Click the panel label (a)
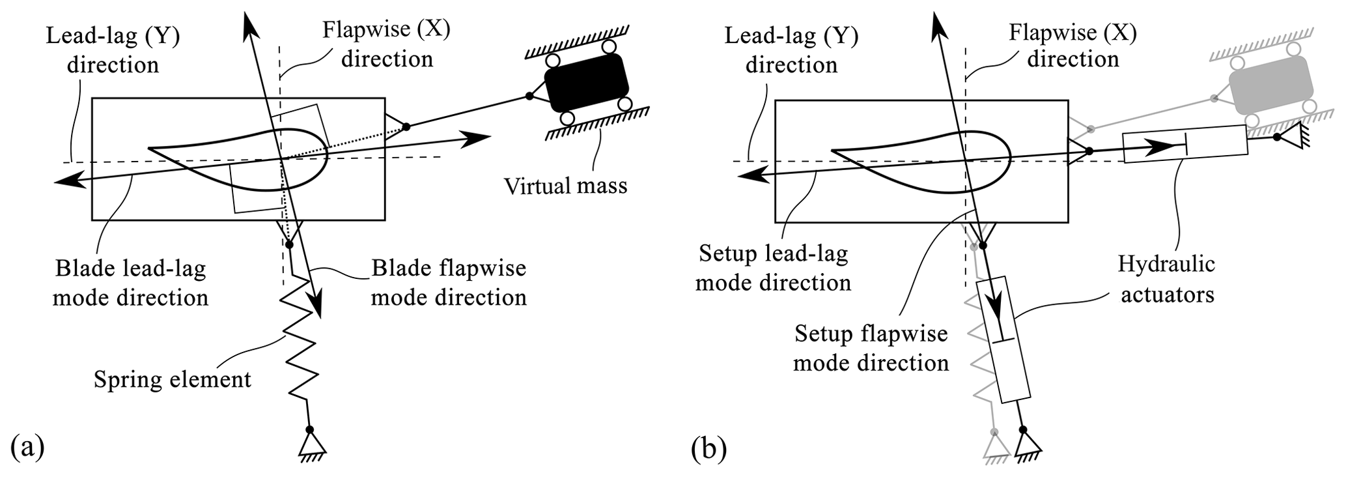28,449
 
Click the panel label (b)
709,449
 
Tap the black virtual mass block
586,83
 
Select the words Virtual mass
565,186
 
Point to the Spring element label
173,379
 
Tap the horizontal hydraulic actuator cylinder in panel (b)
1185,144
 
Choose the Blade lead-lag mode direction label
130,283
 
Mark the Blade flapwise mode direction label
449,283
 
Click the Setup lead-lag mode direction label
774,268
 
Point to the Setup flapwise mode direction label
871,348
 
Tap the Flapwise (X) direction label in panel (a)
387,44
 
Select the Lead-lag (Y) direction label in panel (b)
791,50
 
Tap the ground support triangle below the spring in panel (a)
311,445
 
